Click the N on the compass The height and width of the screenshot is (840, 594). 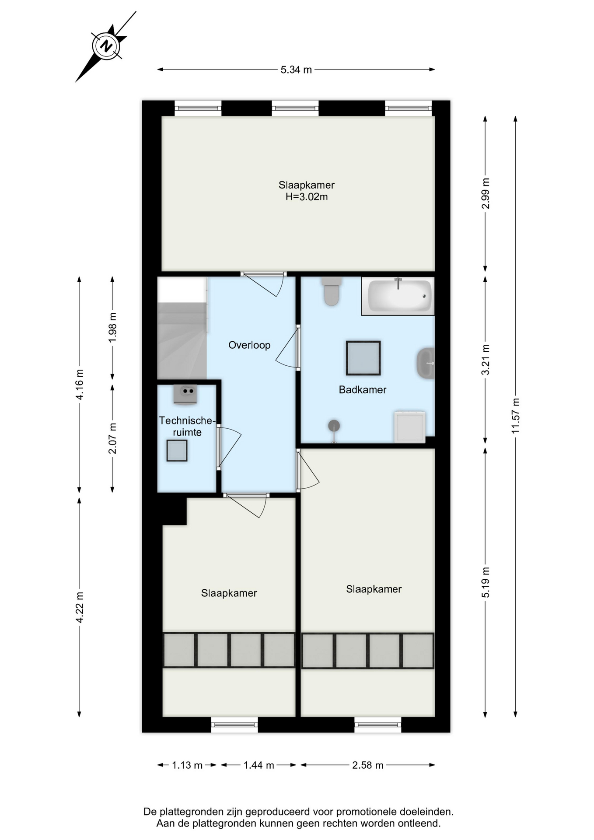tap(106, 46)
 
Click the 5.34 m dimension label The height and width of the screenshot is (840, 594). tap(296, 70)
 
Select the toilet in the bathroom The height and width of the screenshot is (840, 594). tap(332, 291)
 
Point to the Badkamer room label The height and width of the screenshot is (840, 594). tap(363, 390)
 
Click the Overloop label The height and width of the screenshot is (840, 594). tap(249, 345)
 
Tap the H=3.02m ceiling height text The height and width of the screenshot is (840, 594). tap(307, 197)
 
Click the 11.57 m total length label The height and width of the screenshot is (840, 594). tap(516, 416)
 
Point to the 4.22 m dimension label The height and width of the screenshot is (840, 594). tap(80, 607)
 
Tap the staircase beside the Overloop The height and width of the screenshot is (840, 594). tap(182, 341)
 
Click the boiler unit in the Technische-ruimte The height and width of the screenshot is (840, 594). tap(185, 394)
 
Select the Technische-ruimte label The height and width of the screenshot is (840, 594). tap(187, 427)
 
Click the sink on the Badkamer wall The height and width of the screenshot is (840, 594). tap(426, 363)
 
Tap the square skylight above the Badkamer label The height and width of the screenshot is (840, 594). tap(363, 358)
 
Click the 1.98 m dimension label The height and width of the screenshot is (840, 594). tap(113, 328)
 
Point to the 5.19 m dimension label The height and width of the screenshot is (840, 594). tap(486, 582)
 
